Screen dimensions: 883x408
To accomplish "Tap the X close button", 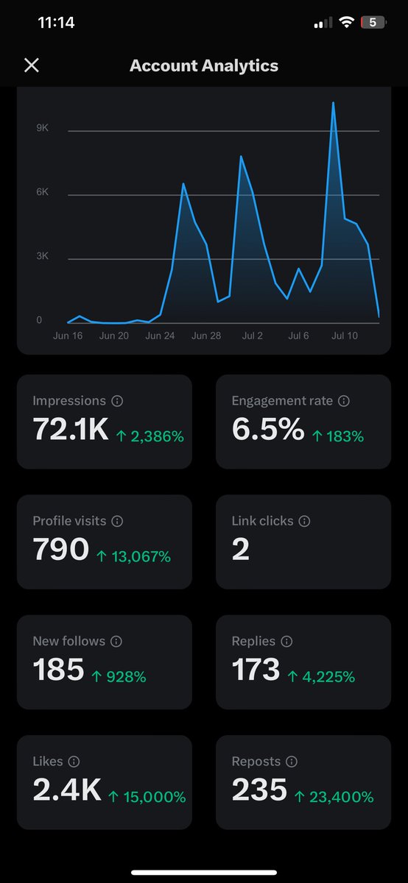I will [31, 65].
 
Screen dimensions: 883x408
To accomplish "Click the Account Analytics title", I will [204, 65].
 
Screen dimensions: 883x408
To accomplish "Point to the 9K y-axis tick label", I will [42, 128].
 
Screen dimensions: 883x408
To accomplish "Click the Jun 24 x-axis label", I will [160, 336].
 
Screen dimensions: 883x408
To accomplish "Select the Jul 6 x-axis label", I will [298, 336].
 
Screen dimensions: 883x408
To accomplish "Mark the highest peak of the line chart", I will [334, 103].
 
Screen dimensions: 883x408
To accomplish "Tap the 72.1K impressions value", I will [71, 430].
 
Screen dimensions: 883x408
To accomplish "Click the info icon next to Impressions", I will [117, 401].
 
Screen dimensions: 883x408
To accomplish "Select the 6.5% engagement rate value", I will [267, 430].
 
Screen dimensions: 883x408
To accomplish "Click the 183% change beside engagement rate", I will [337, 436].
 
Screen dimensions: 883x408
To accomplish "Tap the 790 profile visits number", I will [60, 550].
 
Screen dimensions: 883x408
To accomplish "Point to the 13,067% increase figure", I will [133, 556].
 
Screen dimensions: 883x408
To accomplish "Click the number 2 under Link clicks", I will [240, 550].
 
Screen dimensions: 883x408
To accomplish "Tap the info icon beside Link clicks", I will [304, 521].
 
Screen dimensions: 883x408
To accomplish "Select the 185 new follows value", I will [58, 670].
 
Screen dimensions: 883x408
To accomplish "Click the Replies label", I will [253, 641].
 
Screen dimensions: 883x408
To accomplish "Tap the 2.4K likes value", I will [66, 790].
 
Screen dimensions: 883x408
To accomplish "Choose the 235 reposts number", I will [259, 790].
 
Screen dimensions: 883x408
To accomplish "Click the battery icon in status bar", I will [373, 23].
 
